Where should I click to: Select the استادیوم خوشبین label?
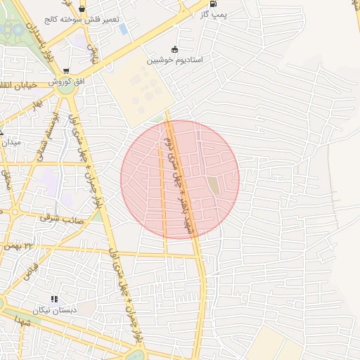tap(174, 60)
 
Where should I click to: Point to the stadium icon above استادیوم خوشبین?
tap(174, 50)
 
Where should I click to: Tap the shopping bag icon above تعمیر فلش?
tap(83, 9)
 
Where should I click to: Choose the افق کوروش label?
tap(66, 82)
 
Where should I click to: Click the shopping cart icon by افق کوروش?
tap(66, 71)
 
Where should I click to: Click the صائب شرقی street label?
tap(62, 219)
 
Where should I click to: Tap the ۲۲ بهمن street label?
tap(38, 245)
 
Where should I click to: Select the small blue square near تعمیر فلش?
tap(124, 29)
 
